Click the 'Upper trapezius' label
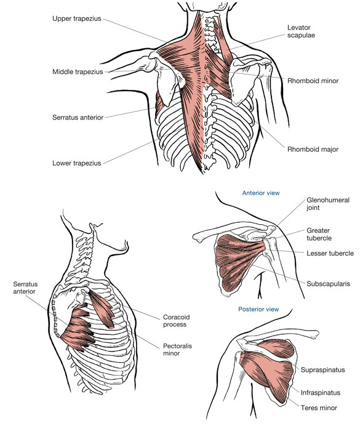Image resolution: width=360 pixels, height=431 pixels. point(77,18)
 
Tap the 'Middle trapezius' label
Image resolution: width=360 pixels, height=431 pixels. point(78,72)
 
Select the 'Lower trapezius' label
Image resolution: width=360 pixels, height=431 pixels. point(77,163)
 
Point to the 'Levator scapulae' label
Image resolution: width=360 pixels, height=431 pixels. point(301,31)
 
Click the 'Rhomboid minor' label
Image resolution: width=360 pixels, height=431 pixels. point(313,81)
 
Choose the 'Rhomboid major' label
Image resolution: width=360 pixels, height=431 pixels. point(313,149)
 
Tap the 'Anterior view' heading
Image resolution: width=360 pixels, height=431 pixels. point(260,193)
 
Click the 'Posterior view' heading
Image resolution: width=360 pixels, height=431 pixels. point(258,309)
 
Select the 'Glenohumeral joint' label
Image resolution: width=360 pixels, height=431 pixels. point(328,204)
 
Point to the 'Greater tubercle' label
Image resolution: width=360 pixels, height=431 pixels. point(319,234)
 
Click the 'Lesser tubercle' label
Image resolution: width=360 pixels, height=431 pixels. point(330,253)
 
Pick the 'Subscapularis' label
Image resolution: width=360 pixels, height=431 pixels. point(328,284)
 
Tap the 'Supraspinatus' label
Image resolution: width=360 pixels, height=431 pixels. point(322,369)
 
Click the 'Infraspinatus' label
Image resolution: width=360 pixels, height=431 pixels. point(320,393)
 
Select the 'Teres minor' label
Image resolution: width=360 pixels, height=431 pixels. point(319,408)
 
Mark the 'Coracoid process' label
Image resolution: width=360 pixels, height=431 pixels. point(176,321)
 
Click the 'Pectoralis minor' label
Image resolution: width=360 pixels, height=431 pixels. point(177,350)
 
